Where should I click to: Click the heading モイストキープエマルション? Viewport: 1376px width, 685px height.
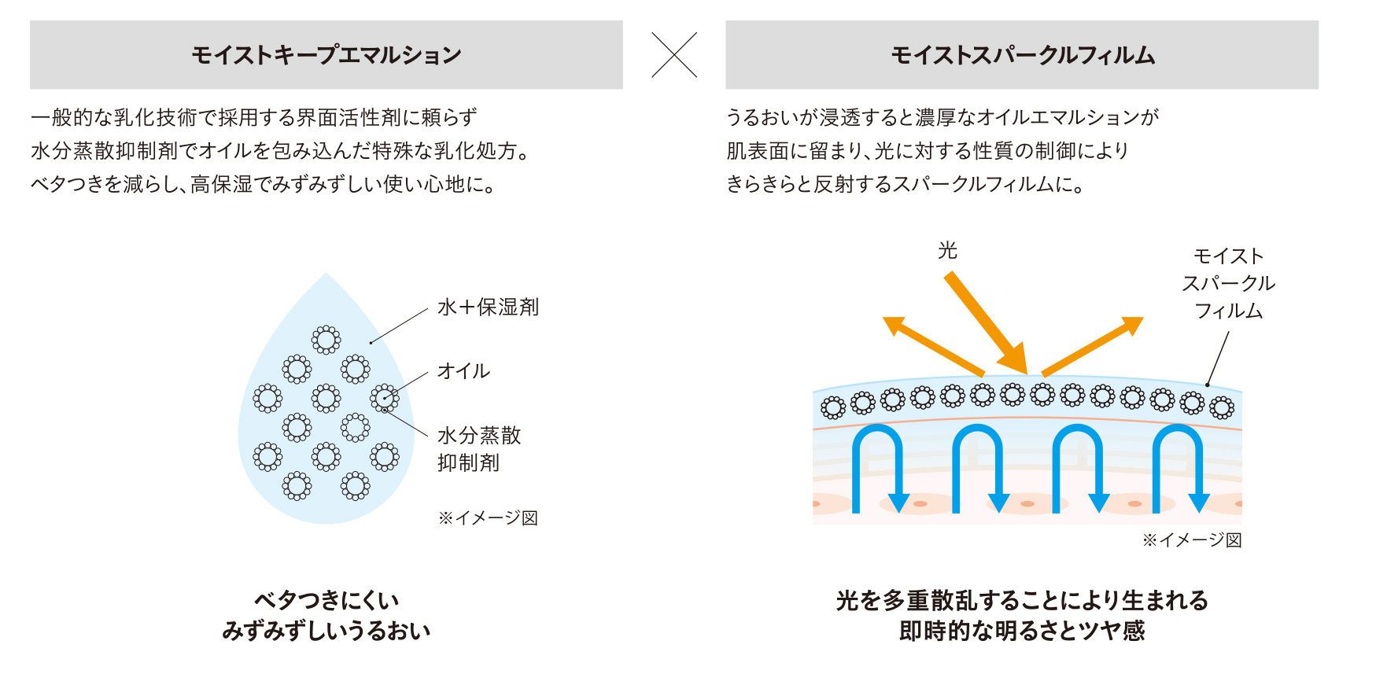(x=326, y=55)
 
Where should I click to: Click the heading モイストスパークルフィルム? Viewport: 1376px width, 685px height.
(x=1023, y=55)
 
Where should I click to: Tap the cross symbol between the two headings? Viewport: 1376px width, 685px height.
(x=674, y=55)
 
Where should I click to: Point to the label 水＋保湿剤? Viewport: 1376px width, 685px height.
(x=488, y=307)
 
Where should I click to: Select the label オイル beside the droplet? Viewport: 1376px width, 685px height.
(x=463, y=370)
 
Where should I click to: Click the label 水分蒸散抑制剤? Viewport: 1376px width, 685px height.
(x=479, y=448)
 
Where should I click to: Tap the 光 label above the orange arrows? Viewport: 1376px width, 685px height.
(x=947, y=250)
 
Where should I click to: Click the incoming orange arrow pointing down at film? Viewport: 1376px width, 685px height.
(x=987, y=322)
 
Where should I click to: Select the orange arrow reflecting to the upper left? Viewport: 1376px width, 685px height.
(x=933, y=346)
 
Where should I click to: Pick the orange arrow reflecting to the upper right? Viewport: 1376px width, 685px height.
(x=1092, y=346)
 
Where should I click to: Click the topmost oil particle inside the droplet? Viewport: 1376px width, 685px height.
(x=326, y=340)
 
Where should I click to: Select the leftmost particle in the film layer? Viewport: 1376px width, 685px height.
(x=833, y=407)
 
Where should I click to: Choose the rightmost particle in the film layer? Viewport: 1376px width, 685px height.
(x=1222, y=407)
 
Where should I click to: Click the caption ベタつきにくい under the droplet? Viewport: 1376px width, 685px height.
(x=326, y=600)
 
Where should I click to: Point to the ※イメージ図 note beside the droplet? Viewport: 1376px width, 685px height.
(x=488, y=517)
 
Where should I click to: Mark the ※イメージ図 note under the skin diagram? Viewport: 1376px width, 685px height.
(x=1192, y=540)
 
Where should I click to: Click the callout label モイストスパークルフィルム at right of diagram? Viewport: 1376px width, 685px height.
(x=1228, y=283)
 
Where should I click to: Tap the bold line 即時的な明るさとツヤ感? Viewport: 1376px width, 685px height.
(x=1022, y=631)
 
